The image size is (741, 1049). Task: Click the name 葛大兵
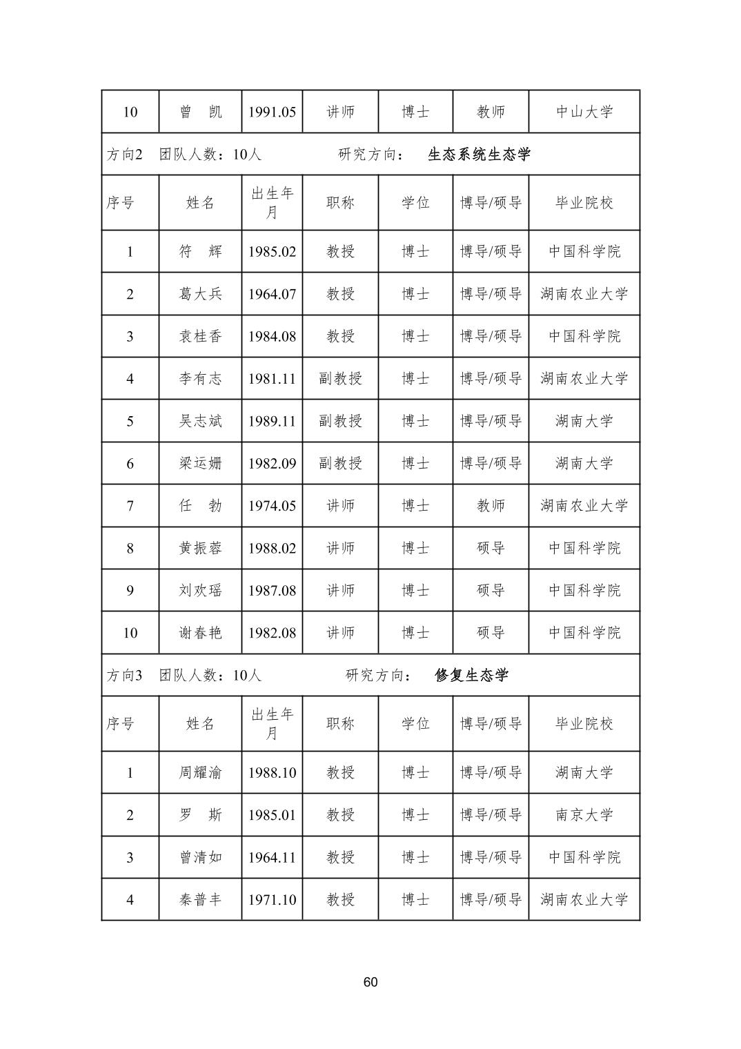[200, 294]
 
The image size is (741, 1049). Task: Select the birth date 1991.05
[272, 112]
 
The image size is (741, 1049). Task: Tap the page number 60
[370, 982]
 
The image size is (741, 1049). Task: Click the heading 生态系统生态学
[479, 154]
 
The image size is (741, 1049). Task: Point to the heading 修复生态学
[471, 675]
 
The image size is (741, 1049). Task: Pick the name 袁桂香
[200, 336]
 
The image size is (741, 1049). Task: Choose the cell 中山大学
[584, 112]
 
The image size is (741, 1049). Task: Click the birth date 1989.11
[272, 421]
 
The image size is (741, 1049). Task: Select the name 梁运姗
[200, 463]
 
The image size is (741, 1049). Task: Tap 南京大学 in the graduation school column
[584, 815]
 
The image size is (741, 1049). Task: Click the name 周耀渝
[200, 772]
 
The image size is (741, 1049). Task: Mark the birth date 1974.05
[272, 506]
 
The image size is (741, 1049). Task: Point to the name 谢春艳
[200, 633]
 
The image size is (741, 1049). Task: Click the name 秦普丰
[200, 900]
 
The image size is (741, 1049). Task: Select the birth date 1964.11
[272, 857]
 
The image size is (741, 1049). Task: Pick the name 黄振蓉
[200, 548]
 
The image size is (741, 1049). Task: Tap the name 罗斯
[200, 815]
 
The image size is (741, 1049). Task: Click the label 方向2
[124, 154]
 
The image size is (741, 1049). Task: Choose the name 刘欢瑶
[200, 590]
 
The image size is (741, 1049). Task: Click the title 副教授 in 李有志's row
[340, 379]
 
